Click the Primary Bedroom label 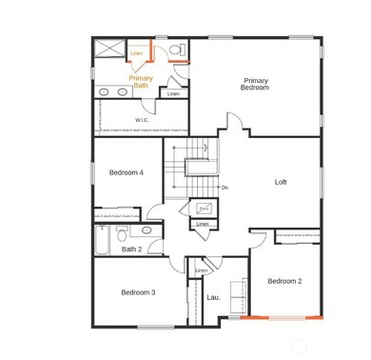(255, 85)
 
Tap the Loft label (281, 182)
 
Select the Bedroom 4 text (126, 172)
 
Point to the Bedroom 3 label (138, 292)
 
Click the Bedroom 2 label (284, 281)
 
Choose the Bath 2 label (131, 250)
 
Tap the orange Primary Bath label (141, 82)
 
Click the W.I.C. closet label (142, 120)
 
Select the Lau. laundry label (213, 297)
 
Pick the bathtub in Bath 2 (102, 242)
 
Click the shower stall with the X (109, 50)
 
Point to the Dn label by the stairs (225, 188)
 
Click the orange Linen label (137, 53)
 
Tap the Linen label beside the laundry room (202, 270)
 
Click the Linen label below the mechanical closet (203, 224)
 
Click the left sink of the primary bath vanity (105, 92)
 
